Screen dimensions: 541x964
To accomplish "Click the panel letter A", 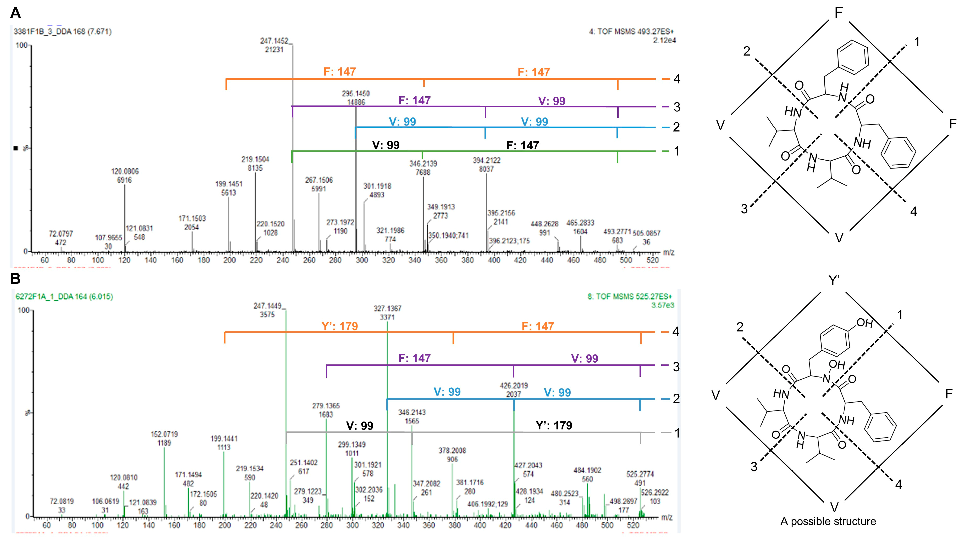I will tap(15, 13).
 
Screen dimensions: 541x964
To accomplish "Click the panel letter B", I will tap(15, 279).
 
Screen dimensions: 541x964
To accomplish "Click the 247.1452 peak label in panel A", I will tap(274, 41).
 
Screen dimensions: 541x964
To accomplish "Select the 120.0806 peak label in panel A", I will tap(125, 172).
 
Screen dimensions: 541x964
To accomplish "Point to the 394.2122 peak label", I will tap(487, 160).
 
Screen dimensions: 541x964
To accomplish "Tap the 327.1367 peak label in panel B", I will tap(387, 308).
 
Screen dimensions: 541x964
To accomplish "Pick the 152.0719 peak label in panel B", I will tap(164, 435).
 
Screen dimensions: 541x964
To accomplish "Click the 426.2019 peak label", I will tap(514, 385).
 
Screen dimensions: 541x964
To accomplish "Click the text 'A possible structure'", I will tap(828, 521).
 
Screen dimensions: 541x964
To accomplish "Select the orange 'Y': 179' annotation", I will tap(339, 326).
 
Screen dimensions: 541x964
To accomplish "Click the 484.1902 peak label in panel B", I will tap(587, 470).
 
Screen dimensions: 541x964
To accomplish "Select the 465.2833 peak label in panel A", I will tap(580, 223).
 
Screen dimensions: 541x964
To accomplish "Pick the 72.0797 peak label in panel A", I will tap(60, 234).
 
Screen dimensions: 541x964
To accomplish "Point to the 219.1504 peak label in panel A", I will tap(255, 160).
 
